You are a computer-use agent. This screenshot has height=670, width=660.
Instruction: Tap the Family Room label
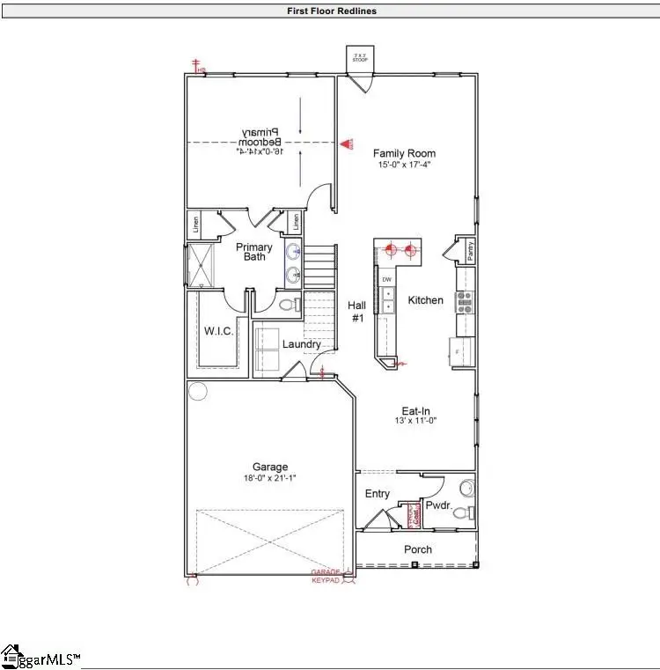point(404,153)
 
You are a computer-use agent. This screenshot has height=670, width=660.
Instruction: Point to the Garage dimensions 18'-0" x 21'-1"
point(269,478)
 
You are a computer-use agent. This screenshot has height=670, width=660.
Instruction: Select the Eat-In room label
point(417,409)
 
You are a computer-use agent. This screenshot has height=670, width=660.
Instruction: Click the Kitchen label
point(426,300)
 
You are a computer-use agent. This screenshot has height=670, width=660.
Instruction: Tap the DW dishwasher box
point(386,279)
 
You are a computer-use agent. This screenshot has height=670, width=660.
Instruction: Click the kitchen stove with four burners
point(465,302)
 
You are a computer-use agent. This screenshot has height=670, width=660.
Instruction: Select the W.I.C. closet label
point(217,332)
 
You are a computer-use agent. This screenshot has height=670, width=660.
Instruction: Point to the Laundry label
point(301,344)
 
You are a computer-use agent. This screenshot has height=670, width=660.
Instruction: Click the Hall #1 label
point(358,312)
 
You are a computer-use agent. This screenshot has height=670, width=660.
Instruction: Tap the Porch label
point(418,549)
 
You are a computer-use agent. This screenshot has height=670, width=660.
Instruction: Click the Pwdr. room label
point(438,506)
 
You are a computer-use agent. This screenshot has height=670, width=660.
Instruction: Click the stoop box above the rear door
point(358,58)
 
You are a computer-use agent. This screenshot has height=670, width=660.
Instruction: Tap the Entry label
point(378,494)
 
